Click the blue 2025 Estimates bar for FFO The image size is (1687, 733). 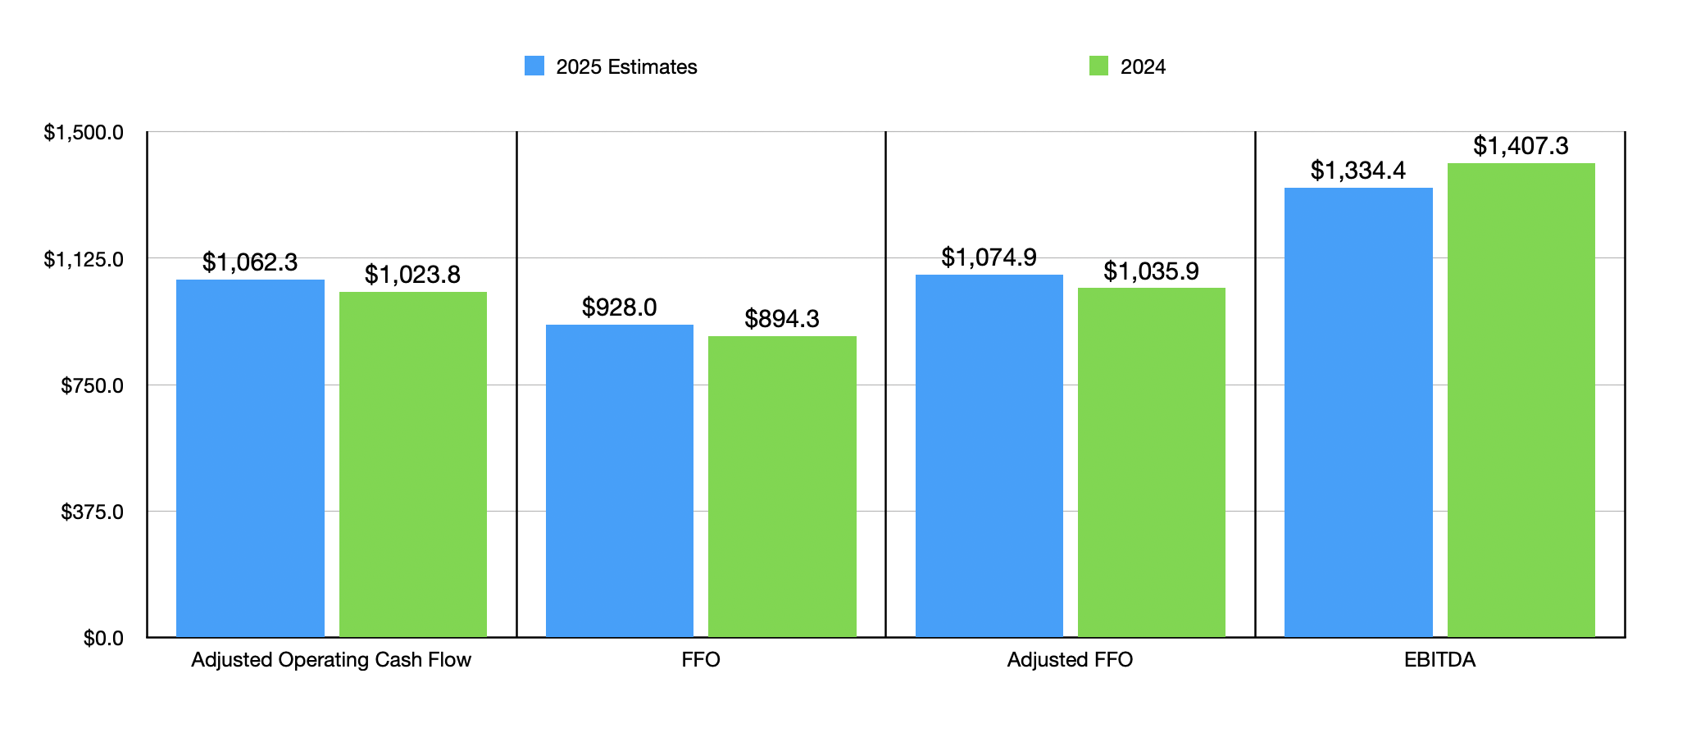(x=619, y=480)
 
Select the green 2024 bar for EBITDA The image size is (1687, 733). (x=1521, y=400)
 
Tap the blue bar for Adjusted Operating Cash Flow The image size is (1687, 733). (x=250, y=458)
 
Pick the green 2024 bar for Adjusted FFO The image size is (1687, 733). (x=1151, y=462)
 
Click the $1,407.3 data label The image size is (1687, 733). (x=1521, y=146)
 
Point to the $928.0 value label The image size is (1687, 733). (x=619, y=307)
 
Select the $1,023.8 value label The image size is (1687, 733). (x=412, y=275)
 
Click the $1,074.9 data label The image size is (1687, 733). (x=989, y=257)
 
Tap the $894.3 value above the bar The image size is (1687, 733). (x=782, y=319)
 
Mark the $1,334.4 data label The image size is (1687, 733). (x=1357, y=171)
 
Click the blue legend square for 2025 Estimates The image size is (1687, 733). (x=534, y=66)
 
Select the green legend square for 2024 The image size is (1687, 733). (x=1098, y=66)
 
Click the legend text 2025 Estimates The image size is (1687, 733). (x=626, y=67)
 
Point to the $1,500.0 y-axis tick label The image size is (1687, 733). (x=84, y=133)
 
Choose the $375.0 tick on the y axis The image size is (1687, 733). (x=92, y=512)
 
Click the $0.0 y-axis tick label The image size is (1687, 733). (x=103, y=639)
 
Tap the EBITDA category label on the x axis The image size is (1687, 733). (x=1439, y=660)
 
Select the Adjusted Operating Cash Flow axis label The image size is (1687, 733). (x=331, y=660)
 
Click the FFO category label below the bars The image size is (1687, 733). (x=701, y=660)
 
